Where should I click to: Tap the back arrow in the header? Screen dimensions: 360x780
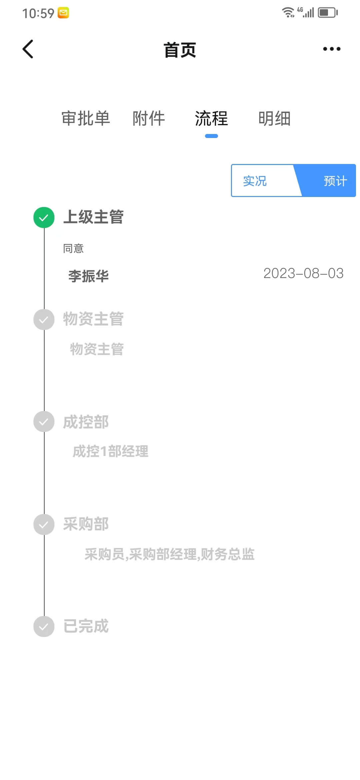28,49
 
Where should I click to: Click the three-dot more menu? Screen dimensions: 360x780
332,49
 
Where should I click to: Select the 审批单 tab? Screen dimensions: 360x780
86,118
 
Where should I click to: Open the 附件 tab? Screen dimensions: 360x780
149,118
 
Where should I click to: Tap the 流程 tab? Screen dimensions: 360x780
211,118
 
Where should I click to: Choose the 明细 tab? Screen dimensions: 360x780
274,118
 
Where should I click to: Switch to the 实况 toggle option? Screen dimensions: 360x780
255,181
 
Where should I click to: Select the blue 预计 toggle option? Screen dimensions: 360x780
335,181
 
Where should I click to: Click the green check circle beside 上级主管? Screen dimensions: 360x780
44,218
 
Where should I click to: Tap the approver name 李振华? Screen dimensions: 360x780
89,276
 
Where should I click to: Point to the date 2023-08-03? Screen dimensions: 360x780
303,273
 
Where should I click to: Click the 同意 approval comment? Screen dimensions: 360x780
73,248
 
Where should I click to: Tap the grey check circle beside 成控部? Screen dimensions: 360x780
44,422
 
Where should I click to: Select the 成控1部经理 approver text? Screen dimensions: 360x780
110,451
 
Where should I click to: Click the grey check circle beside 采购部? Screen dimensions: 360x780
44,525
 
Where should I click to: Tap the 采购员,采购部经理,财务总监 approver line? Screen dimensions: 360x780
169,554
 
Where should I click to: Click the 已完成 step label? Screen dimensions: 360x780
86,626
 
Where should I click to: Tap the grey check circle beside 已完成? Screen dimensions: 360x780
44,627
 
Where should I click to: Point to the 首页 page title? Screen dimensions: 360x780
180,50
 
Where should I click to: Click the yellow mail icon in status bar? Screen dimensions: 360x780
63,13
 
